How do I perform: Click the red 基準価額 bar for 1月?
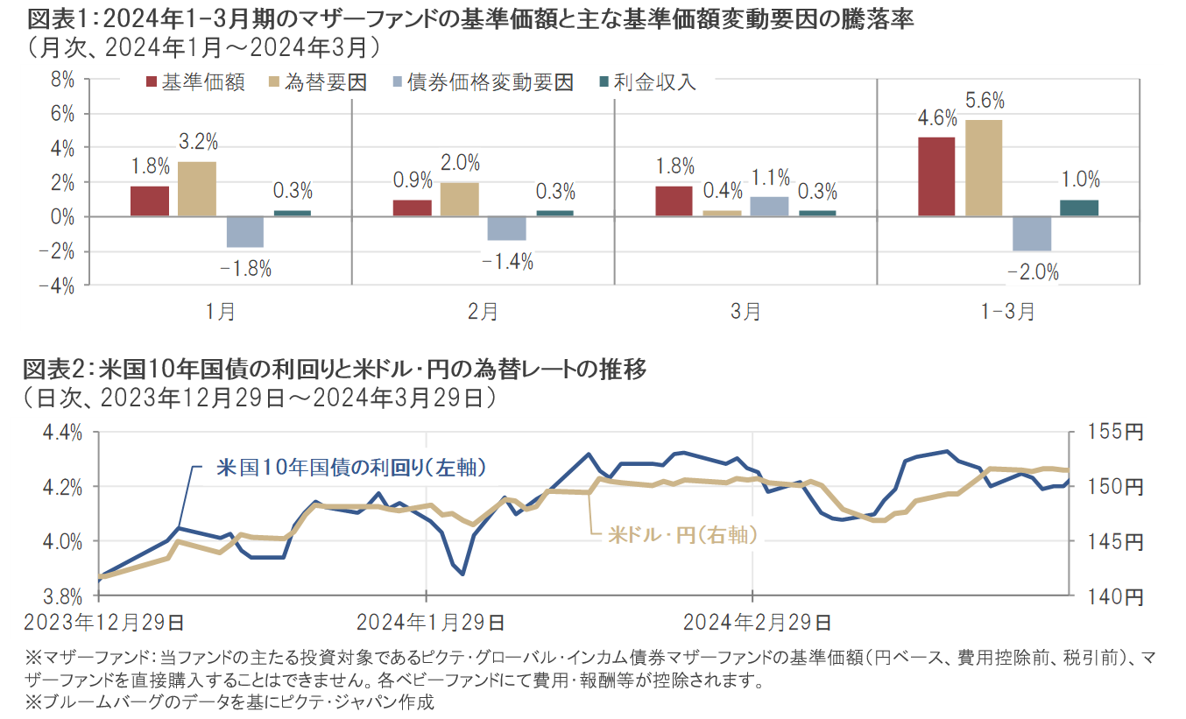tap(150, 201)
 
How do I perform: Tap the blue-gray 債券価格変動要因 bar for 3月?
tap(768, 207)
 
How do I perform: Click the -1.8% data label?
tap(244, 269)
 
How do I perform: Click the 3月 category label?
tap(745, 312)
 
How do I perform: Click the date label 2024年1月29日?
tap(430, 624)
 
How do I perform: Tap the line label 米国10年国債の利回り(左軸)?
tap(351, 467)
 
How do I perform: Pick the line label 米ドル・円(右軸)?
tap(682, 534)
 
